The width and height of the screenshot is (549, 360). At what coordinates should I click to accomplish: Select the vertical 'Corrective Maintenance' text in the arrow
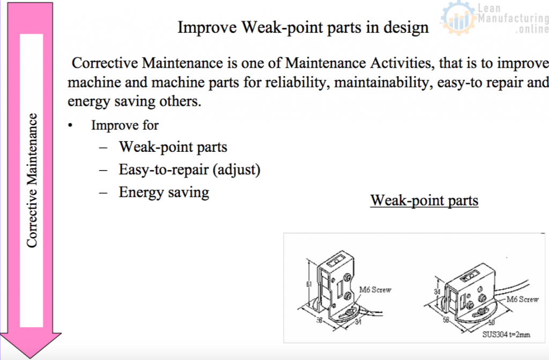pos(32,180)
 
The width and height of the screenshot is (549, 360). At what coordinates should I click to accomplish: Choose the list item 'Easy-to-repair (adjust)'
pos(189,170)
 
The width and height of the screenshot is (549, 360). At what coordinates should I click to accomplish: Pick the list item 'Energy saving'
pos(164,192)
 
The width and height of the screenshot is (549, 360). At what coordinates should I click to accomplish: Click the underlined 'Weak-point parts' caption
pos(424,201)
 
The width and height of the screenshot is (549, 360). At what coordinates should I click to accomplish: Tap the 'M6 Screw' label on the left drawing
pos(375,290)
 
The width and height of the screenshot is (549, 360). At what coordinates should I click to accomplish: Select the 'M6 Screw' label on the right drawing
pos(522,299)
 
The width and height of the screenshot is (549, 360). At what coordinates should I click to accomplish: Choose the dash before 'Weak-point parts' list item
pos(103,147)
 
